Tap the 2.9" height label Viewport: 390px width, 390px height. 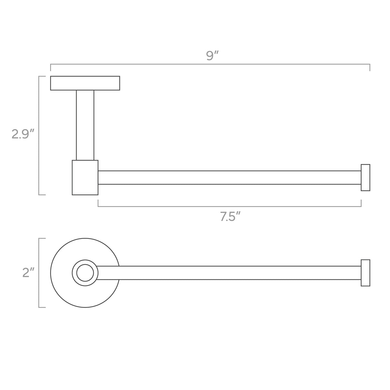coord(23,134)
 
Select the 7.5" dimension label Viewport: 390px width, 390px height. coord(230,216)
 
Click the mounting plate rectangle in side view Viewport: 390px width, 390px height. coord(85,83)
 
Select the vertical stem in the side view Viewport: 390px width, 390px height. coord(85,125)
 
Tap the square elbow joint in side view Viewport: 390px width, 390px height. coord(85,177)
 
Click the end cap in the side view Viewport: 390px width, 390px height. coord(365,177)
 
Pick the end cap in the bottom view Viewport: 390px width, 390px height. coord(365,273)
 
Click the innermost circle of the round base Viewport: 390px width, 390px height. coord(85,273)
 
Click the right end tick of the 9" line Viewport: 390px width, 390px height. coord(370,68)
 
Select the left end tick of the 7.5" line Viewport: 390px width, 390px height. coord(98,203)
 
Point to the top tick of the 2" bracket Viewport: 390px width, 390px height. coord(42,238)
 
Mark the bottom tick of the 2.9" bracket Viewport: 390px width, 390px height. coord(42,195)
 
